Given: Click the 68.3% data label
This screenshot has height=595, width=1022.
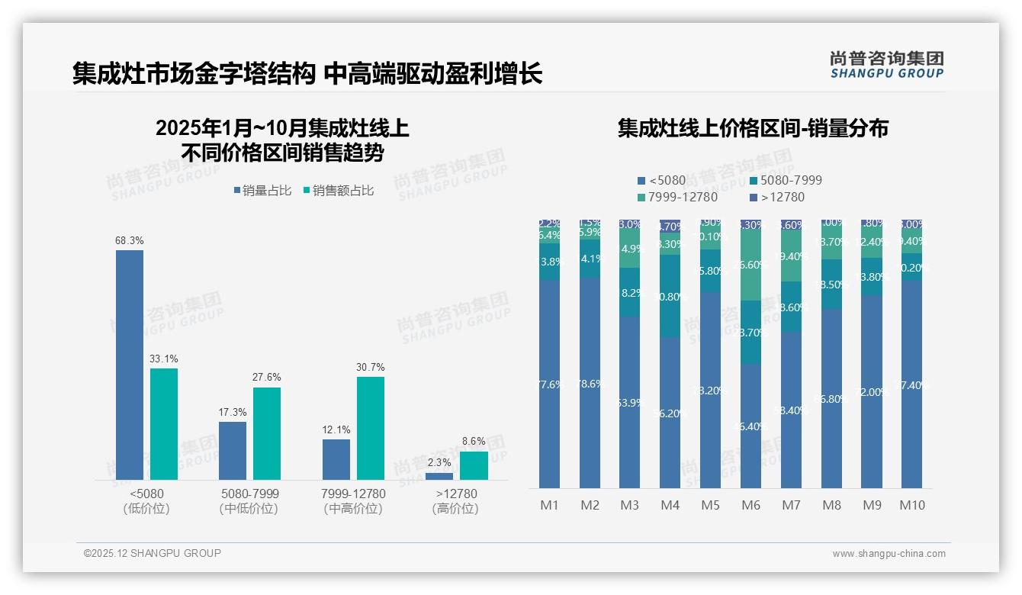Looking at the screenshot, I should click(x=130, y=241).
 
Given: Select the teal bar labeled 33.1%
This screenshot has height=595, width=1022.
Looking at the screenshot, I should click(x=163, y=424).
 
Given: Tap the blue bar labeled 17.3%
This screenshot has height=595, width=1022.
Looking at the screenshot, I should click(x=233, y=450).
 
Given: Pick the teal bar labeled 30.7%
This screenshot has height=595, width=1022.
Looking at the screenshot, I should click(x=370, y=428).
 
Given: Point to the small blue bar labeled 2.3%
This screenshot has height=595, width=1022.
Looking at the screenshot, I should click(x=439, y=476).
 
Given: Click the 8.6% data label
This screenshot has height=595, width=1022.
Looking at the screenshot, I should click(x=474, y=441).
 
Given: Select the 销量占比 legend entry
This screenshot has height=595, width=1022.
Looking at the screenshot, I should click(x=263, y=191).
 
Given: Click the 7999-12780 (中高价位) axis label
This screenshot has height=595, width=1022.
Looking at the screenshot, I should click(x=353, y=501).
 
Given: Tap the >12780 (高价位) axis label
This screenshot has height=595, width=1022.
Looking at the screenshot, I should click(x=456, y=501).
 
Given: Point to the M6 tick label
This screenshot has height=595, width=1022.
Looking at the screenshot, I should click(x=751, y=505).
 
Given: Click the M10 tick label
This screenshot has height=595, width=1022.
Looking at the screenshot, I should click(x=912, y=505).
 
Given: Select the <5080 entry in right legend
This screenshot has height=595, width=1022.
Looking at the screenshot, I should click(x=661, y=181).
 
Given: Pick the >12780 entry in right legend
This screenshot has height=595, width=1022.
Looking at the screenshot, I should click(x=777, y=198).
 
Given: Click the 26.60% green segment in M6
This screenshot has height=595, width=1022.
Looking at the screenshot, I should click(x=751, y=265).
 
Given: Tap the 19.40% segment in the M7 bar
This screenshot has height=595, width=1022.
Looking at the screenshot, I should click(x=792, y=256).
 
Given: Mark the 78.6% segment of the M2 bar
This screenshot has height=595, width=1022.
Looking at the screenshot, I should click(x=590, y=383).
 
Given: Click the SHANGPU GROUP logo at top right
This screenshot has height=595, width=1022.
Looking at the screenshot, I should click(x=886, y=65).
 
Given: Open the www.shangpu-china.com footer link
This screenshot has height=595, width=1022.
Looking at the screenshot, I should click(x=889, y=554).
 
